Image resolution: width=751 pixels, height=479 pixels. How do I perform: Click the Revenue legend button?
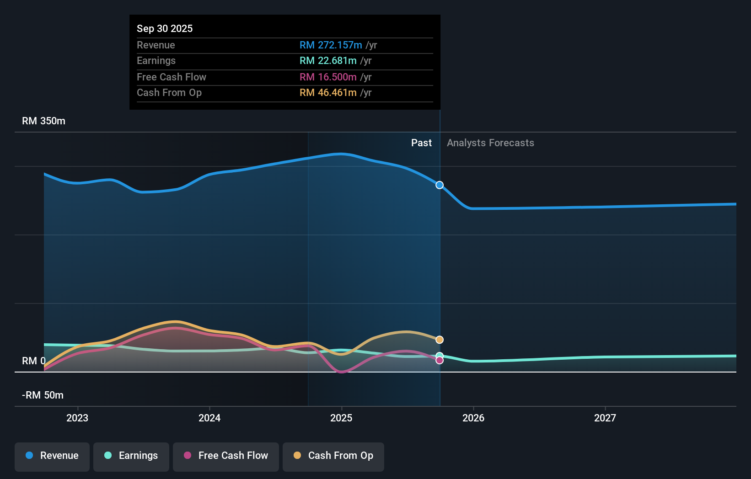coord(52,456)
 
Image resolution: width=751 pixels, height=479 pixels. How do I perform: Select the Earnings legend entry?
coord(131,456)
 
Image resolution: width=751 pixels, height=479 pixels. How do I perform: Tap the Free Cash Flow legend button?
coord(226,456)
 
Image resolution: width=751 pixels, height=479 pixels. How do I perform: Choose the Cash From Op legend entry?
coord(333,456)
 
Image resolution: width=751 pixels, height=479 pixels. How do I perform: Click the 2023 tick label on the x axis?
coord(77,418)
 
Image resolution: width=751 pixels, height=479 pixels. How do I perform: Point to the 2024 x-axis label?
coord(209,418)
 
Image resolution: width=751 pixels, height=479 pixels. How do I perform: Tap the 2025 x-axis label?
coord(341,418)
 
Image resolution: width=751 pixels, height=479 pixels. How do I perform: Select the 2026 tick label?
coord(473,418)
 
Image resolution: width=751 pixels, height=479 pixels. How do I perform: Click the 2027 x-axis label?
coord(605,418)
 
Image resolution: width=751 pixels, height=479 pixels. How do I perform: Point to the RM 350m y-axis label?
coord(43,121)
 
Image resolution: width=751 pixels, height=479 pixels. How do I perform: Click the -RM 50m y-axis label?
coord(43,395)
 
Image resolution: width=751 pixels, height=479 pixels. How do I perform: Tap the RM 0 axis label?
coord(33,361)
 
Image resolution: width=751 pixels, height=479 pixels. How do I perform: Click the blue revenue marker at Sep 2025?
coord(440,185)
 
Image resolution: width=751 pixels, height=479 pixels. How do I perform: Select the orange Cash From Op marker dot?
coord(440,340)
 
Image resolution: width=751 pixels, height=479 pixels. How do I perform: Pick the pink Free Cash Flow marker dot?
coord(440,361)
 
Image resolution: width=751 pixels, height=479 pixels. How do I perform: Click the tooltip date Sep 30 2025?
coord(165,28)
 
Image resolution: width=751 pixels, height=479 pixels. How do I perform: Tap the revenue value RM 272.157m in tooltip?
coord(331,45)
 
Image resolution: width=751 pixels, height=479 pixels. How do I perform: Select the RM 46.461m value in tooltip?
coord(328,93)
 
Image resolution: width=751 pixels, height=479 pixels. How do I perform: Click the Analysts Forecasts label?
coord(490,143)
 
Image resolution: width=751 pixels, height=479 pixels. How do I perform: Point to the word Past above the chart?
coord(421,143)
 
